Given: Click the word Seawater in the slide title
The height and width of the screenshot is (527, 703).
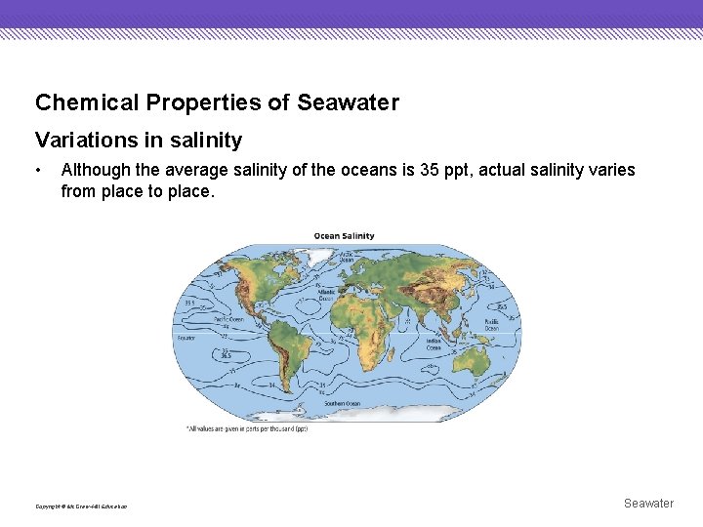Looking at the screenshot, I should click(x=348, y=102).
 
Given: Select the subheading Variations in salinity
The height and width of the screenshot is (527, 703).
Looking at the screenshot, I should click(x=138, y=141).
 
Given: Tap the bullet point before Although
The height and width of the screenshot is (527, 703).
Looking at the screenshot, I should click(x=38, y=171).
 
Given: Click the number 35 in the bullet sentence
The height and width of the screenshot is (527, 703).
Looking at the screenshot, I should click(x=429, y=170).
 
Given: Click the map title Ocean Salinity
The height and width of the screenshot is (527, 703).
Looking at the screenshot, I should click(x=344, y=236).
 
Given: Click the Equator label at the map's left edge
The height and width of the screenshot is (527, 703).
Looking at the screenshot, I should click(x=186, y=337).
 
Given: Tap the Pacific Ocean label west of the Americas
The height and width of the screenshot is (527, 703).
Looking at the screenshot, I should click(x=228, y=321).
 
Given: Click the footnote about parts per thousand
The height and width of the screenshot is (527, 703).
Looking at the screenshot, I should click(x=246, y=428).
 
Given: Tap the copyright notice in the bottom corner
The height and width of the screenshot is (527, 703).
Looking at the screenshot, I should click(x=81, y=506).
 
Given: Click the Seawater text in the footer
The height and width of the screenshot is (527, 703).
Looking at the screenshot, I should click(x=648, y=504).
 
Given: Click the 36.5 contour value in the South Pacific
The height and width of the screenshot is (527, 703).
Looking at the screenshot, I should click(x=227, y=356).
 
